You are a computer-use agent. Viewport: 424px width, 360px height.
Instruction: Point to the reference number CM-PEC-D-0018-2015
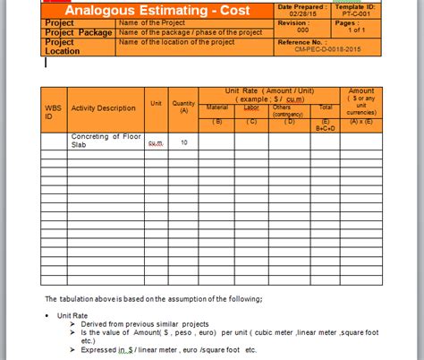click(x=341, y=51)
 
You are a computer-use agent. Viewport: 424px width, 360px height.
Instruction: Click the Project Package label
click(x=79, y=32)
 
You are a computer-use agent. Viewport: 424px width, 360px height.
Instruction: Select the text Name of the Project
click(x=151, y=21)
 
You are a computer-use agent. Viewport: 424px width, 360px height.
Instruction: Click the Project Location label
click(x=63, y=47)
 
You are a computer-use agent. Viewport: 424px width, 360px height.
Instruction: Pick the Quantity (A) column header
click(x=184, y=107)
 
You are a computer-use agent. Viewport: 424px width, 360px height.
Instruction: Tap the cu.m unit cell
click(x=156, y=142)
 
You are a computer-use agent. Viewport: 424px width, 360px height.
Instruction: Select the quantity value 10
click(x=183, y=142)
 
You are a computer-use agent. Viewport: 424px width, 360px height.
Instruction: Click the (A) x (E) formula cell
click(x=361, y=121)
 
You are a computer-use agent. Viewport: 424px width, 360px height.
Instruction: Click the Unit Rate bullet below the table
click(x=71, y=315)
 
